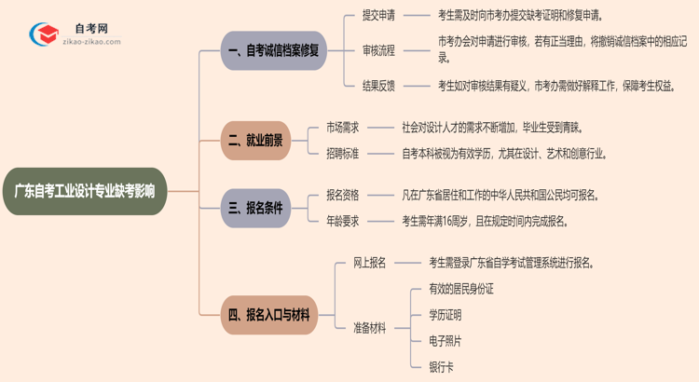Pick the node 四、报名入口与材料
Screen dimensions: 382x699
(x=269, y=314)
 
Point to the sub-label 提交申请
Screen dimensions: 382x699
(x=377, y=16)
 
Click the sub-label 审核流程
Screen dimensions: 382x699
(x=377, y=50)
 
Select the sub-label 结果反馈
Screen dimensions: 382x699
(x=377, y=85)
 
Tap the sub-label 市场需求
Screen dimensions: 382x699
(x=342, y=127)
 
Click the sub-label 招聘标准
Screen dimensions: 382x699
(x=342, y=154)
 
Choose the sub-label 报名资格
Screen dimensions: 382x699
(x=342, y=195)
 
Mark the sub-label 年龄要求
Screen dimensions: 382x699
(x=342, y=221)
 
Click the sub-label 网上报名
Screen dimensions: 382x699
(x=370, y=263)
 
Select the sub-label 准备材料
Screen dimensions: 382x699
(x=370, y=328)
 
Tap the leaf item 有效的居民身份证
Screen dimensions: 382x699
(x=460, y=289)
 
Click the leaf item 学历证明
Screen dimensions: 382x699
(x=445, y=315)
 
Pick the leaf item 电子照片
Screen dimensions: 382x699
(x=445, y=341)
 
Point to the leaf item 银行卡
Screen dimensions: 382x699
(x=441, y=366)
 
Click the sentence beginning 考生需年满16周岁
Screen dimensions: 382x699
(x=484, y=221)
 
